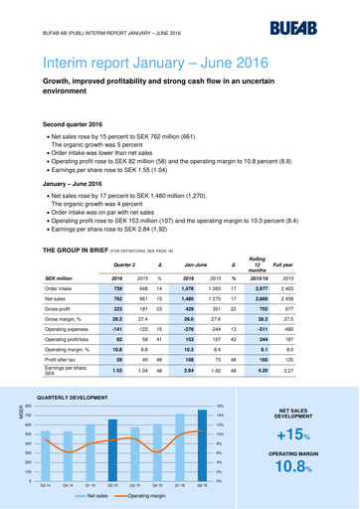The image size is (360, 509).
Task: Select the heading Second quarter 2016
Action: click(70, 123)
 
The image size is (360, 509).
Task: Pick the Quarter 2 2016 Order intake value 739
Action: click(131, 286)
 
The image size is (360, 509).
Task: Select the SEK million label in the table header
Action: click(63, 276)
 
